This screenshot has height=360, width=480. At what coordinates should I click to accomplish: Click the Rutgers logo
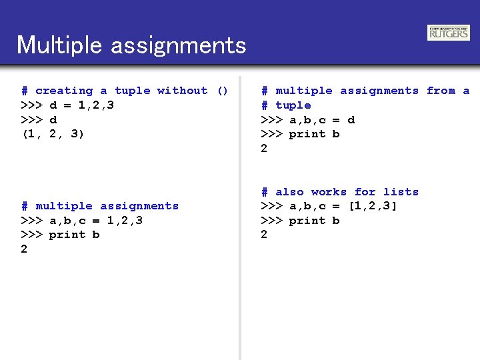click(x=449, y=33)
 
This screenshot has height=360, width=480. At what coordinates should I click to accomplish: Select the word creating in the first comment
click(x=64, y=91)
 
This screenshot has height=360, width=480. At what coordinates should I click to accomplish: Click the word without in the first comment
click(x=182, y=91)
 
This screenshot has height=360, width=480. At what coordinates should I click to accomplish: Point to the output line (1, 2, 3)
click(x=53, y=134)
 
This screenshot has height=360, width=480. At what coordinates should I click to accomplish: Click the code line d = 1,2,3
click(x=81, y=105)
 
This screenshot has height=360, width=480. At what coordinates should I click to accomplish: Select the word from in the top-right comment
click(x=441, y=91)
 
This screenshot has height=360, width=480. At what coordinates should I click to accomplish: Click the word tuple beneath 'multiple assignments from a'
click(x=293, y=105)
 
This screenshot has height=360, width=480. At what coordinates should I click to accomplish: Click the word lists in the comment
click(x=401, y=192)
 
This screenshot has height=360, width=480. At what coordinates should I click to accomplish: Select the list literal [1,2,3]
click(x=373, y=206)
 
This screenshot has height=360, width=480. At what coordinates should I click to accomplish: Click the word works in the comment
click(x=329, y=192)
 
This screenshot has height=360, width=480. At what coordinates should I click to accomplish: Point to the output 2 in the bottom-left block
click(x=24, y=249)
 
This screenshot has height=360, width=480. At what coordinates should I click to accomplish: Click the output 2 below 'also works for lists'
click(x=264, y=235)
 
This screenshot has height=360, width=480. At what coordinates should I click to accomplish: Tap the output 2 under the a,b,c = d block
click(x=264, y=149)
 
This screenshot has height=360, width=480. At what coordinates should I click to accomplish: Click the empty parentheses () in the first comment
click(x=223, y=91)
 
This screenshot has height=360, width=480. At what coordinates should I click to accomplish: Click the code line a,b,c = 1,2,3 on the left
click(x=95, y=221)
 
